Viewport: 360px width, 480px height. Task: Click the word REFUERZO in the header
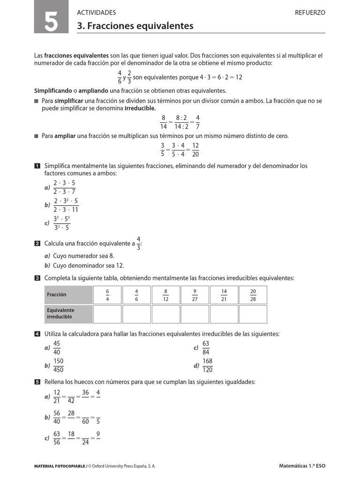pyautogui.click(x=310, y=13)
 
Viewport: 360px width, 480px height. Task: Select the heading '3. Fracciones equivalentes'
pyautogui.click(x=135, y=26)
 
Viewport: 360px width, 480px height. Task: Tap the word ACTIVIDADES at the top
pyautogui.click(x=96, y=13)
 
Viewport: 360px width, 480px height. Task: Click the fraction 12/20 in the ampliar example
pyautogui.click(x=195, y=150)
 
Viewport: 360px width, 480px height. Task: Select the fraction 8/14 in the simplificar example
pyautogui.click(x=164, y=122)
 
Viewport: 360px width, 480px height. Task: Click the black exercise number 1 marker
pyautogui.click(x=37, y=166)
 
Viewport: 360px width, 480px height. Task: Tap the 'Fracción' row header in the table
pyautogui.click(x=68, y=294)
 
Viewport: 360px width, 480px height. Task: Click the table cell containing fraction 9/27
pyautogui.click(x=195, y=294)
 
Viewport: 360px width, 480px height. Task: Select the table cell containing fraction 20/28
pyautogui.click(x=253, y=294)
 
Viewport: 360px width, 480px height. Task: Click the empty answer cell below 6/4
pyautogui.click(x=107, y=314)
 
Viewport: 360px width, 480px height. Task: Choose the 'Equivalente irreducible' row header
pyautogui.click(x=68, y=314)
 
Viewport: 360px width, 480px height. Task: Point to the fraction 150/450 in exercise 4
pyautogui.click(x=59, y=365)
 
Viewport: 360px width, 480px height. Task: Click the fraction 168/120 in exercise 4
pyautogui.click(x=207, y=365)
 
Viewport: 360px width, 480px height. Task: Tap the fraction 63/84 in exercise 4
pyautogui.click(x=206, y=348)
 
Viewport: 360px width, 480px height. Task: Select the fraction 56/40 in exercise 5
pyautogui.click(x=57, y=417)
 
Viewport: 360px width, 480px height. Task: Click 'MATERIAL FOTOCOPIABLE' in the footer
pyautogui.click(x=60, y=466)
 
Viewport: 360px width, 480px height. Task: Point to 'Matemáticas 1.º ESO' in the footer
pyautogui.click(x=302, y=466)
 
